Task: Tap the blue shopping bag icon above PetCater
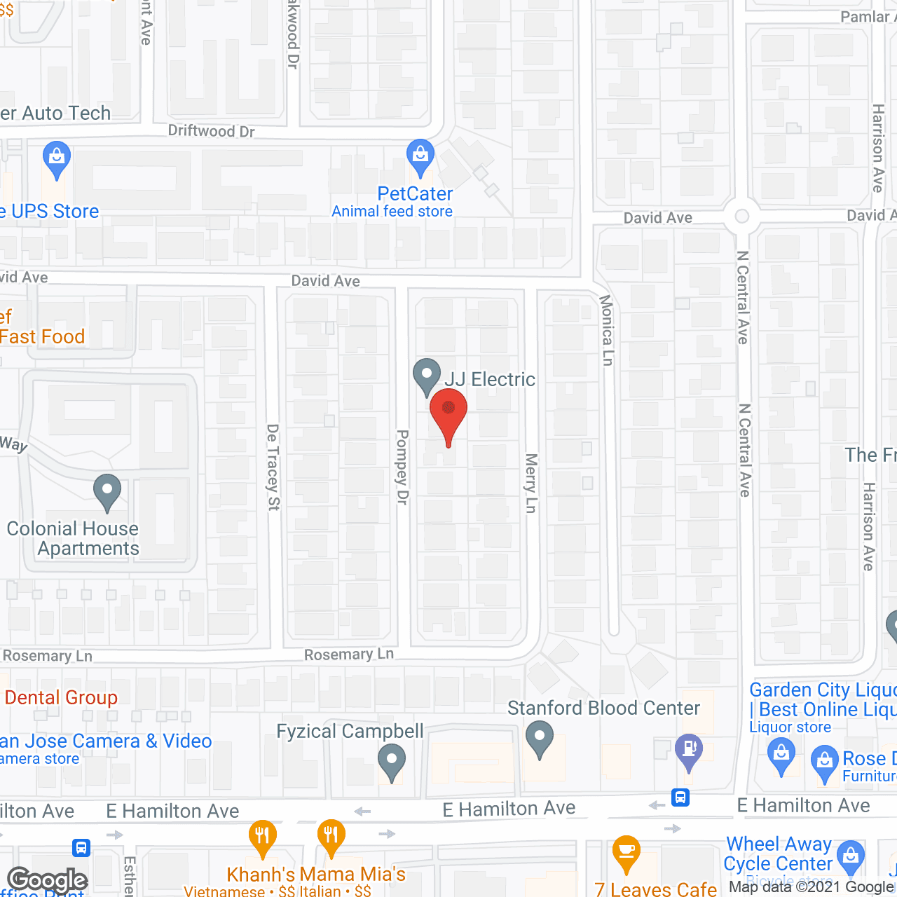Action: (x=420, y=157)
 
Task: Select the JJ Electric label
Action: (x=490, y=379)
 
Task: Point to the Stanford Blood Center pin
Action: (x=540, y=740)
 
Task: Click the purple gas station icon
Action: (x=689, y=751)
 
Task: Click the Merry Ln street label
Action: (x=531, y=483)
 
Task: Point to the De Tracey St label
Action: (x=273, y=467)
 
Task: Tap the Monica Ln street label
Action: (x=607, y=329)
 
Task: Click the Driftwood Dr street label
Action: (x=211, y=131)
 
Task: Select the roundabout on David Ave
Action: (x=742, y=217)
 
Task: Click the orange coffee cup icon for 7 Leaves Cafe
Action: (x=626, y=852)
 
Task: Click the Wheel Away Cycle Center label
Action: (x=778, y=854)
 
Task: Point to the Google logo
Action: (x=47, y=880)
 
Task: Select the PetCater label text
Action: (x=415, y=193)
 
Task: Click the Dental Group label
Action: (x=61, y=697)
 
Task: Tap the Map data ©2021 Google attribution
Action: (x=812, y=886)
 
